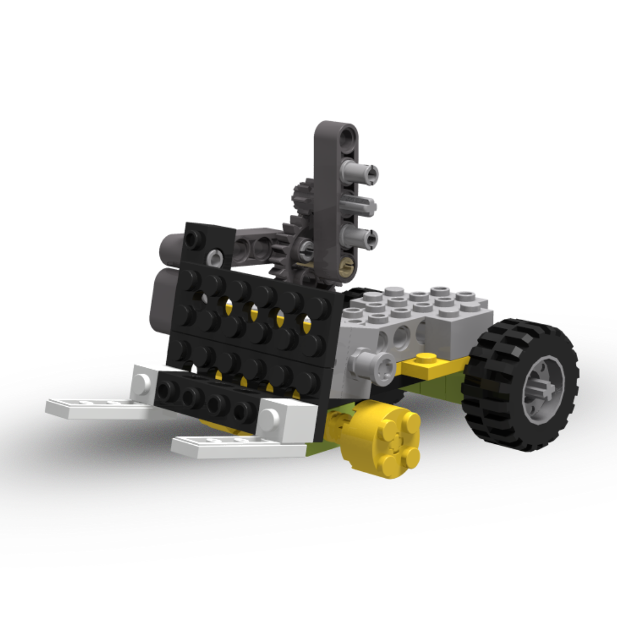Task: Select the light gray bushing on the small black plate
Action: pyautogui.click(x=215, y=258)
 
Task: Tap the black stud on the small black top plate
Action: pyautogui.click(x=196, y=239)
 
